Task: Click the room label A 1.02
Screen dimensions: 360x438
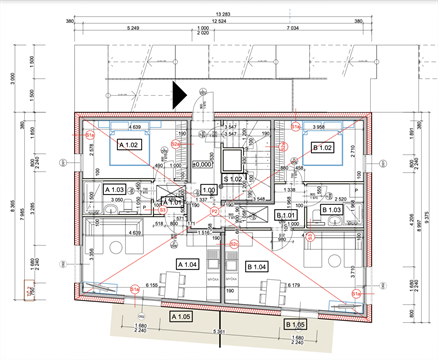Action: (x=130, y=145)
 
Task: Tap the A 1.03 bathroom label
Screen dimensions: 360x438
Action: (x=113, y=189)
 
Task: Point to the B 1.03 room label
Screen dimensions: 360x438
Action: (x=332, y=211)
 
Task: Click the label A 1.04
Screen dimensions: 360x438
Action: (x=188, y=262)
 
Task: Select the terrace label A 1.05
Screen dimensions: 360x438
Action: (x=181, y=317)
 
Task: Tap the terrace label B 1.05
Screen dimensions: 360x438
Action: (x=297, y=325)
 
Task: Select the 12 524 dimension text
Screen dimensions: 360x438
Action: (x=226, y=20)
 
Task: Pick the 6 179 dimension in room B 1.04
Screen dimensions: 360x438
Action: (x=293, y=286)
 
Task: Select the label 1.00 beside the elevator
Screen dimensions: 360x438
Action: (x=209, y=189)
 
